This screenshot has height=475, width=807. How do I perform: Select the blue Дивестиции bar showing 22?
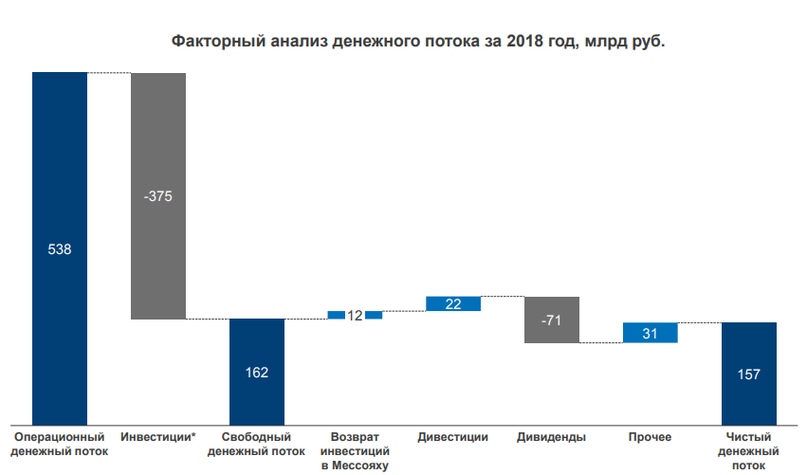coord(453,304)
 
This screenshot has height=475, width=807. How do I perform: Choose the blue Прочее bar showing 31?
coord(650,333)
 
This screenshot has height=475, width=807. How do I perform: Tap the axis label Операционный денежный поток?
coord(59,444)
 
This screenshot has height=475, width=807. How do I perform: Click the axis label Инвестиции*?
coord(158,438)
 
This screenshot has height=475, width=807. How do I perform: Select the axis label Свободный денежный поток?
coord(257,444)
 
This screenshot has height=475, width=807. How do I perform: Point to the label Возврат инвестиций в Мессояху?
coord(355,451)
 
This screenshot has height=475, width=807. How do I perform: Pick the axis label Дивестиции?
coord(454,438)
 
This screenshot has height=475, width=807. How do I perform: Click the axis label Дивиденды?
coord(551,438)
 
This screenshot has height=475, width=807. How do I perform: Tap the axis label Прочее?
coord(650,438)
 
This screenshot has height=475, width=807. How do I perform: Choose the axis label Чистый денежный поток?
coord(749,451)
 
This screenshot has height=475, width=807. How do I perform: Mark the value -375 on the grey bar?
coord(158,197)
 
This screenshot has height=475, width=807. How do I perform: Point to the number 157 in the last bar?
coord(749,375)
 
